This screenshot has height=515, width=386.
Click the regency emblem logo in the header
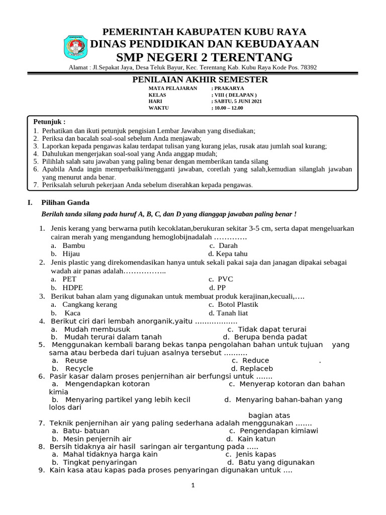[x=75, y=48]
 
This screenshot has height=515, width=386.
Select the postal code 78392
[x=307, y=68]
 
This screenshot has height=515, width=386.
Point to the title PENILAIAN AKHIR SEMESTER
[x=200, y=80]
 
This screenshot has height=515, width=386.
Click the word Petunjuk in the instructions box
[x=49, y=122]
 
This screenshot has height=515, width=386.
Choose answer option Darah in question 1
[x=228, y=245]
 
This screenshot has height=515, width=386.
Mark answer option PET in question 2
[x=69, y=279]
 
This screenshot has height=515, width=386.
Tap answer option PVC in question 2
[x=225, y=279]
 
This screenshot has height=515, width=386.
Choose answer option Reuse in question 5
[x=75, y=360]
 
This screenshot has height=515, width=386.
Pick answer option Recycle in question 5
[x=78, y=368]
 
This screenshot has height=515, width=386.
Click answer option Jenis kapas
[x=259, y=454]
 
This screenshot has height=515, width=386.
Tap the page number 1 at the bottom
[x=192, y=485]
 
